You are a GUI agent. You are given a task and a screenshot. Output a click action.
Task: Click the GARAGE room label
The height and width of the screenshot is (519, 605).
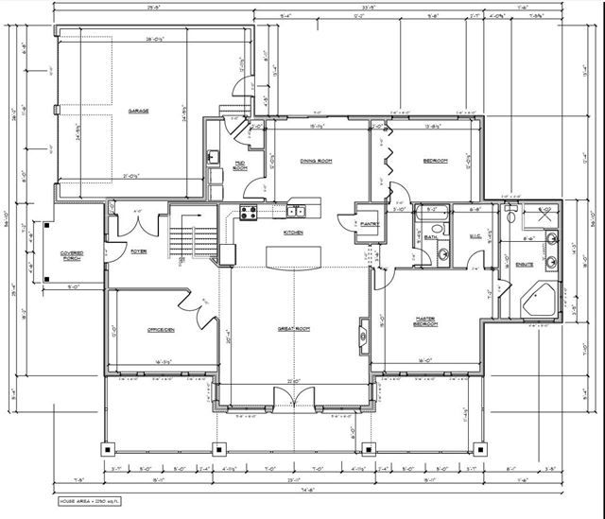click(139, 111)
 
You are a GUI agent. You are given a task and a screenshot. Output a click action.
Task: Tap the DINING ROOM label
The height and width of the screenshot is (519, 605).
click(315, 161)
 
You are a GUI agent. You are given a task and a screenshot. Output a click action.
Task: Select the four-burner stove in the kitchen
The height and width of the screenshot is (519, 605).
click(249, 213)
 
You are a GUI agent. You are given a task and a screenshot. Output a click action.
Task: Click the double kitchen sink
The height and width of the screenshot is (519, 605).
click(296, 211)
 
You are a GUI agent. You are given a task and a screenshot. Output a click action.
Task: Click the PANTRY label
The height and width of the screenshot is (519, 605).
click(370, 224)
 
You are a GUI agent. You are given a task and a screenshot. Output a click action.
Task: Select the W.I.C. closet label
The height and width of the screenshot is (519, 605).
click(475, 237)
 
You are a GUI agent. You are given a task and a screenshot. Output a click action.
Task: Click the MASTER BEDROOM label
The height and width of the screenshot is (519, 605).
click(424, 320)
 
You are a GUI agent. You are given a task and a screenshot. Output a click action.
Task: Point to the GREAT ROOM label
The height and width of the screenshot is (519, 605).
click(290, 329)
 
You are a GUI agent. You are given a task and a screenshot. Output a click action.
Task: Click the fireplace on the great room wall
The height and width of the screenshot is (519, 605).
click(363, 336)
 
